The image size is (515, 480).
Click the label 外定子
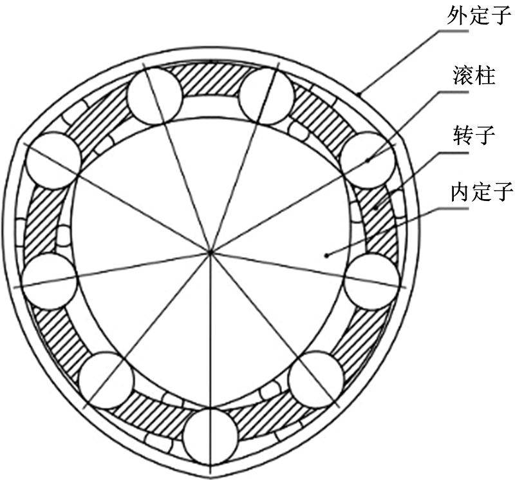480,14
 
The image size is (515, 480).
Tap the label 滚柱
474,75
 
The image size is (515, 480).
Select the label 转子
474,135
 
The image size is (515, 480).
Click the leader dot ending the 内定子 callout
326,254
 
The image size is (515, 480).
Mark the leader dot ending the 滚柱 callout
368,161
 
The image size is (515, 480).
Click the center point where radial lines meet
211,252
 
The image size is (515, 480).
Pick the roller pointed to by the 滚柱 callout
368,160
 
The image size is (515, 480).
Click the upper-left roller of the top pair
154,96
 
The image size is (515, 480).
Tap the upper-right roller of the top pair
267,97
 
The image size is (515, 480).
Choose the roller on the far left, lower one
50,282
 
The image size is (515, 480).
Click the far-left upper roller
53,161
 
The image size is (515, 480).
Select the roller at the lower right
316,379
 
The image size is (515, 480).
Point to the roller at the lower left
106,380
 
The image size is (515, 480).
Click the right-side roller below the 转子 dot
371,282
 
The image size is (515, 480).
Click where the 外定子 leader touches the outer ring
359,94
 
